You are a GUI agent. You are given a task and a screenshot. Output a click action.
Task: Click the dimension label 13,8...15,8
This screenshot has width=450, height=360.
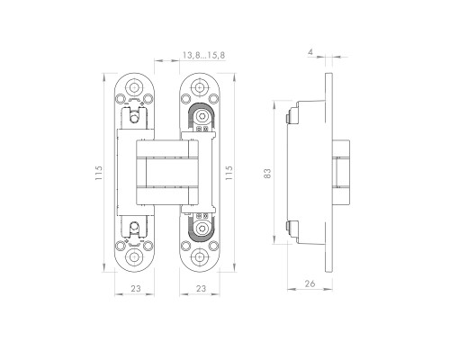click(x=203, y=55)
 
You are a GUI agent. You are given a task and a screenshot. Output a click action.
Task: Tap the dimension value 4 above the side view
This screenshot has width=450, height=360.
click(x=310, y=52)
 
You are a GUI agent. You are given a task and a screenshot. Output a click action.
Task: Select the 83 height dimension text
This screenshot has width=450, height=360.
click(x=267, y=174)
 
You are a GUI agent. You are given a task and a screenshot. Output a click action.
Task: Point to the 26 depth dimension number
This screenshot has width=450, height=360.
click(x=310, y=283)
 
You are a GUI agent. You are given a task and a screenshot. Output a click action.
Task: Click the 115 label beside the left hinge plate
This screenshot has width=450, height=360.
click(x=99, y=173)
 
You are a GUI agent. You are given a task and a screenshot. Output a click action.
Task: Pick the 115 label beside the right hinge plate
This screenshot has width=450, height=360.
click(x=229, y=173)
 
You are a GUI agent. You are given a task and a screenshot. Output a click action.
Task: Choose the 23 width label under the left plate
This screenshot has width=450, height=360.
click(x=136, y=288)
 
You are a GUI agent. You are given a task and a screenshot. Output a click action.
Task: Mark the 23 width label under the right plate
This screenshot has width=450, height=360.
click(x=201, y=288)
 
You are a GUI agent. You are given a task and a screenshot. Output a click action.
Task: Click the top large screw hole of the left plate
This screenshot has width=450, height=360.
click(x=134, y=87)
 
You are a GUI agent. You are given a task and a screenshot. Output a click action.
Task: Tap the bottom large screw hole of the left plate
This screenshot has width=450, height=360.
click(x=134, y=257)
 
